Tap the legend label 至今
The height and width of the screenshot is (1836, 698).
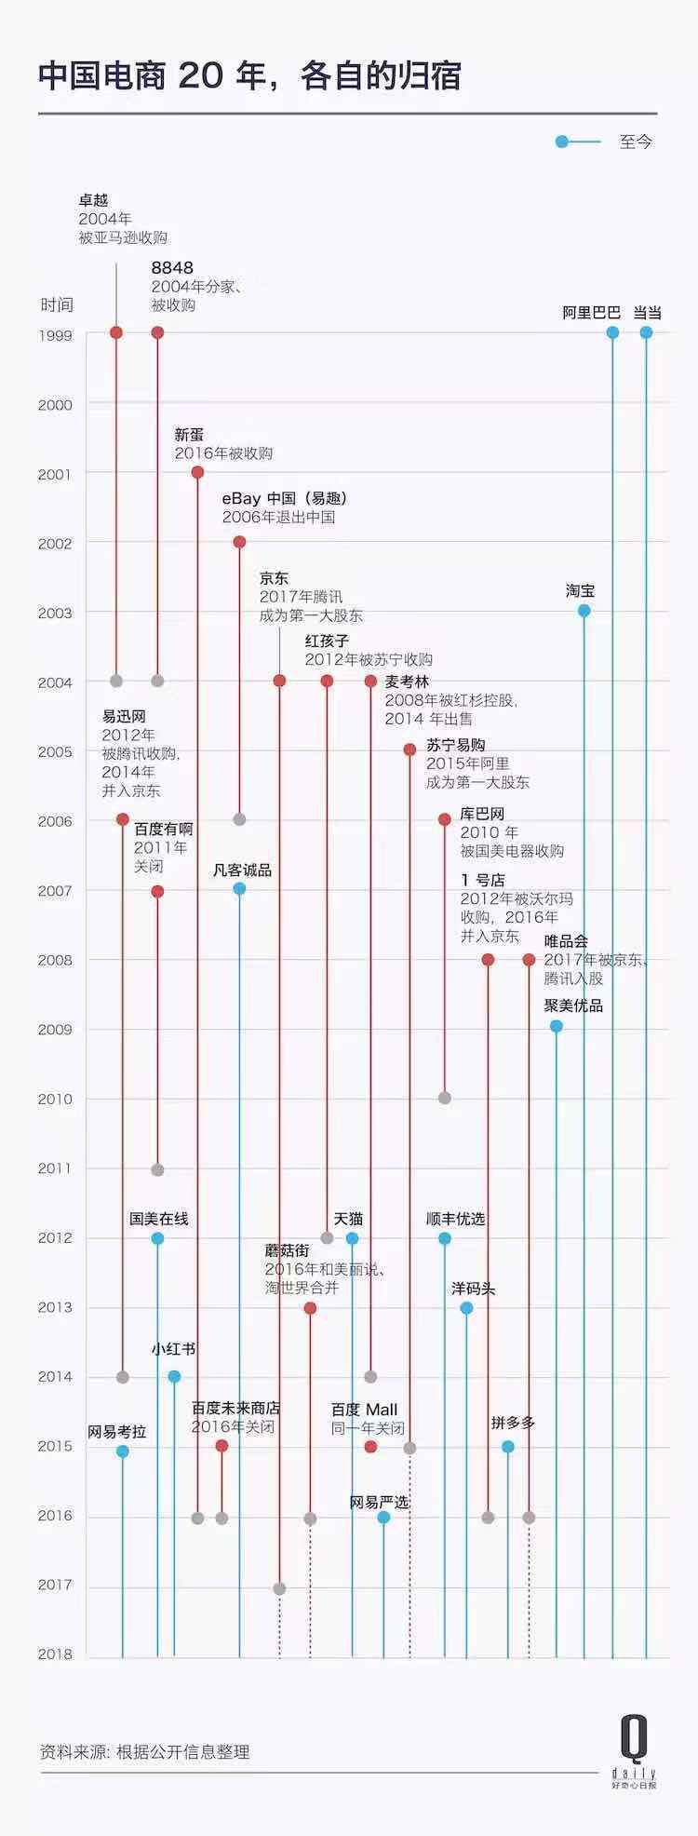coord(636,142)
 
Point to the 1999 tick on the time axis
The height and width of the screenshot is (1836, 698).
coord(55,334)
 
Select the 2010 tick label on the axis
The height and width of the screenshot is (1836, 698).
coord(55,1099)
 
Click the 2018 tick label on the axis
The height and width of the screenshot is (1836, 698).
coord(55,1654)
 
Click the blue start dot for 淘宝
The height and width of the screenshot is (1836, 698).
coord(584,611)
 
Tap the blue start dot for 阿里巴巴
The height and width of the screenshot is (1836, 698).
coord(612,332)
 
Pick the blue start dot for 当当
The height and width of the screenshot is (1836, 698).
coord(646,332)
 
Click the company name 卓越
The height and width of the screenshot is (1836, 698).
coord(93,200)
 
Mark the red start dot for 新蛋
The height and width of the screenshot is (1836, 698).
coord(197,472)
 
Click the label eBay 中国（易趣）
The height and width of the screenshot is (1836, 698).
coord(284,498)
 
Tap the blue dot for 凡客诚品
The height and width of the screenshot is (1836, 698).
coord(239,889)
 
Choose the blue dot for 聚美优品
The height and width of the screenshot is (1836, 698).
coord(556,1026)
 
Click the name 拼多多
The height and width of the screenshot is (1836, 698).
coord(513,1423)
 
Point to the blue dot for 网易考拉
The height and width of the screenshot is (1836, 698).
coord(122,1451)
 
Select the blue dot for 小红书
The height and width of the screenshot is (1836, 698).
coord(174,1377)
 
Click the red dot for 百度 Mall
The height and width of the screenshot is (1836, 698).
coord(370,1447)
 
